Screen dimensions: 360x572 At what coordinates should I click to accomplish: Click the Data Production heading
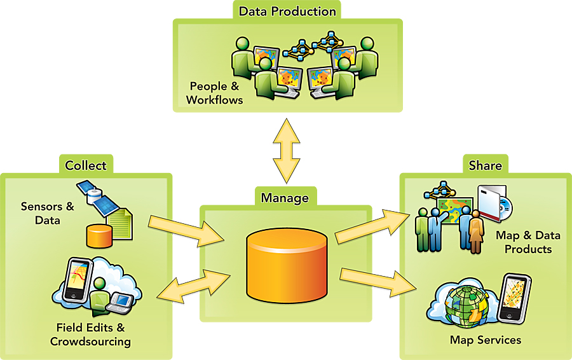(x=287, y=11)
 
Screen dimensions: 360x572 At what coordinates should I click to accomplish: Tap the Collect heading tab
(x=86, y=165)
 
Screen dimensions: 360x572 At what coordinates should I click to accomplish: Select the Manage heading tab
(x=285, y=197)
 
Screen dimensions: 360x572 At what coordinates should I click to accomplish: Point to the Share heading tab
(x=485, y=165)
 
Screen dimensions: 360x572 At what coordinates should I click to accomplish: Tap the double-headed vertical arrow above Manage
(x=287, y=153)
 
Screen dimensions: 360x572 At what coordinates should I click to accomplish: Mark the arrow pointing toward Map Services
(x=375, y=280)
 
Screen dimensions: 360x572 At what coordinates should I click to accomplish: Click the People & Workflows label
(x=214, y=93)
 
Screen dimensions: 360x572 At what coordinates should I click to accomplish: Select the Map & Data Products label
(x=528, y=242)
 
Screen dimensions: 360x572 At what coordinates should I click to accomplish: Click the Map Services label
(x=485, y=340)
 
